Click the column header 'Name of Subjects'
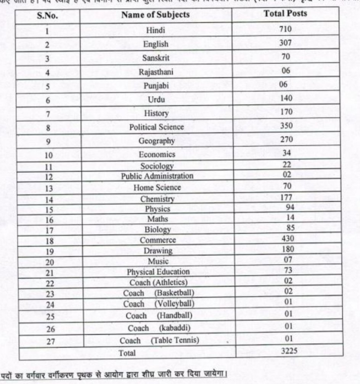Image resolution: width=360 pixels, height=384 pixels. tap(155, 15)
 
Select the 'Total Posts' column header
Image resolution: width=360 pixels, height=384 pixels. tap(285, 14)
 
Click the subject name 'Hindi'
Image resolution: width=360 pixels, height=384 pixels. tap(156, 30)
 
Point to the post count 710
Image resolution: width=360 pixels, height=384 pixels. tap(285, 29)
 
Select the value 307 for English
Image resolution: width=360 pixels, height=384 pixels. tap(285, 43)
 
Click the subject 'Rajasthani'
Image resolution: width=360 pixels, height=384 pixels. tap(156, 72)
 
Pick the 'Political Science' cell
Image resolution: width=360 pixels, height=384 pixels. tap(156, 127)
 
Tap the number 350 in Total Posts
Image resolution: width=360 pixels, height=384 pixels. tap(286, 125)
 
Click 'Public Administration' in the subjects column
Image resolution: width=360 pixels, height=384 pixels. tap(157, 176)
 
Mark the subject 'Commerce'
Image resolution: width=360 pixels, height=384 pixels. tap(158, 240)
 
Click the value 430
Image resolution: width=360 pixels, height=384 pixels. tap(289, 239)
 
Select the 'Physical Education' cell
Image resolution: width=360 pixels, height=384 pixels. tap(158, 272)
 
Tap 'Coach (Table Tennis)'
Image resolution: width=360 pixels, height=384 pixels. tap(159, 340)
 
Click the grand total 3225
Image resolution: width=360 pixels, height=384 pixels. tap(289, 350)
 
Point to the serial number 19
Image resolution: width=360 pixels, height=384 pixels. tap(50, 252)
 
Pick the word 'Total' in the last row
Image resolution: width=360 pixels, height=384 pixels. tap(127, 353)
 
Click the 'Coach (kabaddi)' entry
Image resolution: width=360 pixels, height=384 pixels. tap(159, 328)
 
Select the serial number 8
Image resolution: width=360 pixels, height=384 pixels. tap(48, 128)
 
